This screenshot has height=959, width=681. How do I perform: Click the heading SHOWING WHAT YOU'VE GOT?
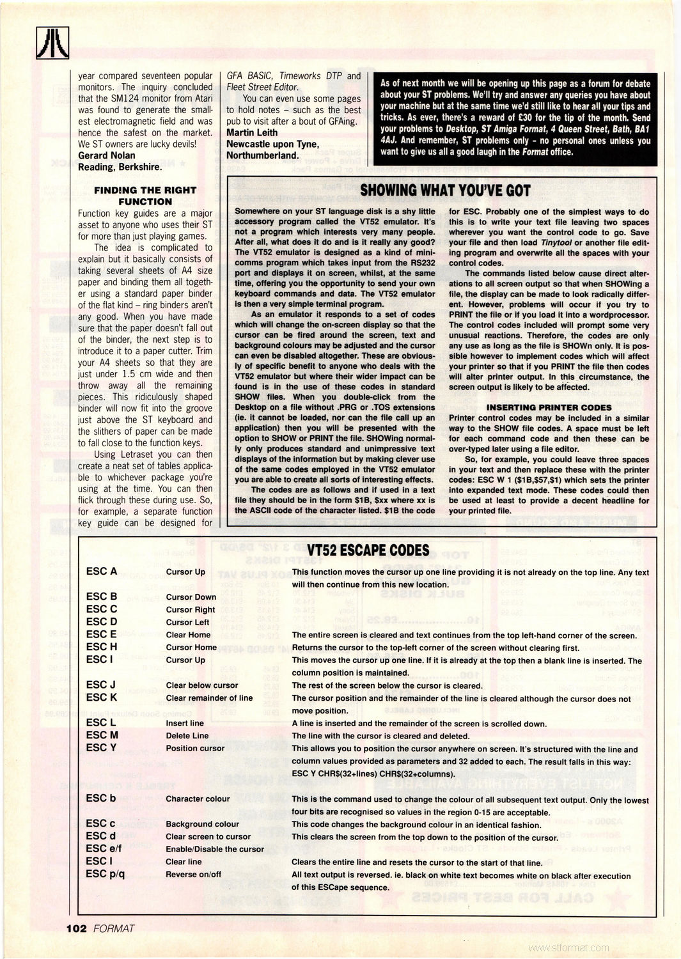[x=445, y=191]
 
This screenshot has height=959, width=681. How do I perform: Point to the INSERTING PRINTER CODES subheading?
[x=549, y=407]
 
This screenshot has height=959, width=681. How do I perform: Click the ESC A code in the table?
[x=101, y=572]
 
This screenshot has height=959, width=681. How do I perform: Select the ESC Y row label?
[x=101, y=748]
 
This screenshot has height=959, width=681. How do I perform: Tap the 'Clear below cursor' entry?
[x=201, y=685]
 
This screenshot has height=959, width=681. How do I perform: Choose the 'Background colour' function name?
[x=202, y=824]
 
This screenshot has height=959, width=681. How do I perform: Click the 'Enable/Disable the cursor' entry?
[x=214, y=849]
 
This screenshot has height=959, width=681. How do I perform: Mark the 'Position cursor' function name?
[x=195, y=748]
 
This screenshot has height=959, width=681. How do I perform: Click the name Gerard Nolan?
[x=106, y=155]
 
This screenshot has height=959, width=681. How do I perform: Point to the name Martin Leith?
[x=252, y=132]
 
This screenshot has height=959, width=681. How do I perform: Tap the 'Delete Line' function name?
[x=187, y=736]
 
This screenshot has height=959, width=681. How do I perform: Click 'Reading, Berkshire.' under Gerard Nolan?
[x=118, y=166]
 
